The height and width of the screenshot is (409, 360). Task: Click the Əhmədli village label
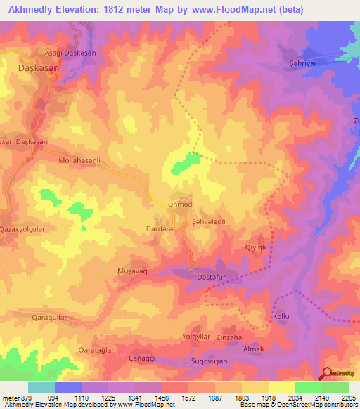(181, 204)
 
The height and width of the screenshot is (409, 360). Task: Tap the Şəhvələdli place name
(208, 221)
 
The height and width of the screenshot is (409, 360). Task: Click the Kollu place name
(281, 317)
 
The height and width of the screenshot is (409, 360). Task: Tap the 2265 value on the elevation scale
(347, 397)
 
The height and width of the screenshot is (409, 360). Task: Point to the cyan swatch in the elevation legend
(41, 387)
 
